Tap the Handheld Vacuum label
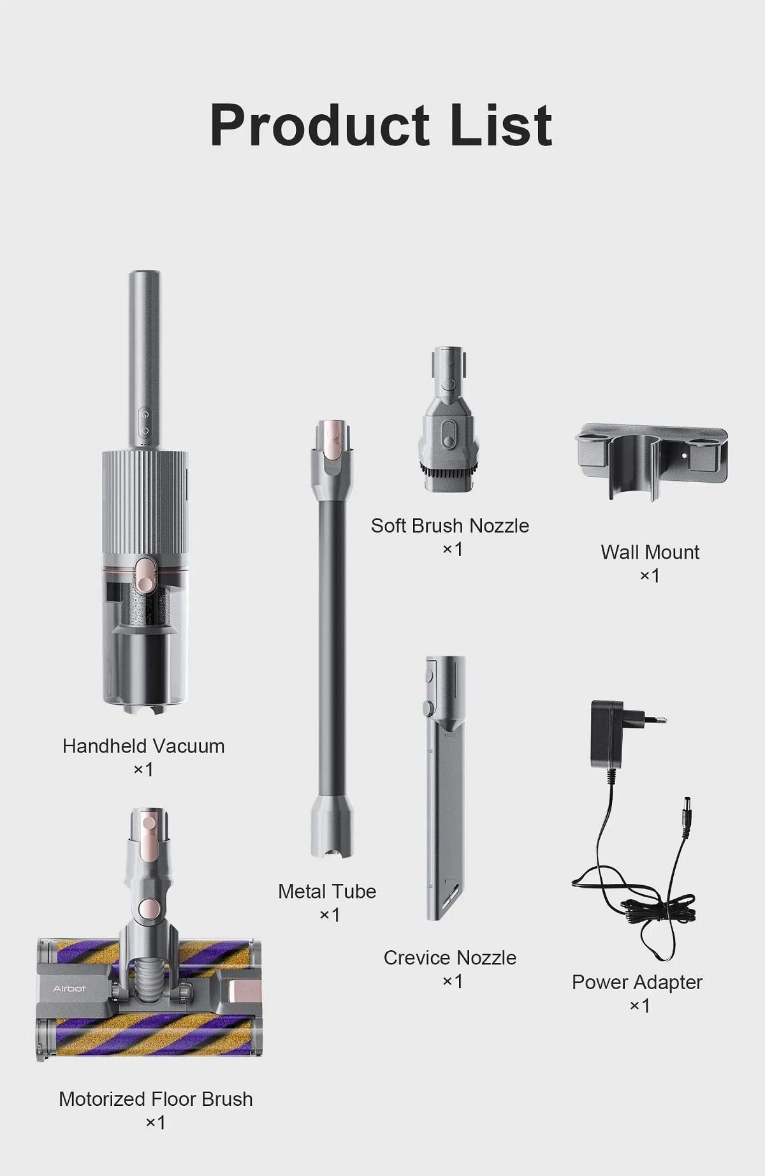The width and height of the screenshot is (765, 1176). [x=143, y=746]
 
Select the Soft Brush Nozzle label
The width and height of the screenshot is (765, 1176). [x=450, y=526]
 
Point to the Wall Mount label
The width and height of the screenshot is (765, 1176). [x=650, y=552]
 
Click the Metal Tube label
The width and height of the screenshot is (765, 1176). [x=327, y=891]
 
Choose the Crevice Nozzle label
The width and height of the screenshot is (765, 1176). [x=450, y=957]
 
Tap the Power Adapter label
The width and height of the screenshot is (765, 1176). [x=637, y=982]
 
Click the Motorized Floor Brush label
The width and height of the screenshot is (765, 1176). [x=156, y=1099]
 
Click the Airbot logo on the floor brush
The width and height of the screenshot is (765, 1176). [x=69, y=989]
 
